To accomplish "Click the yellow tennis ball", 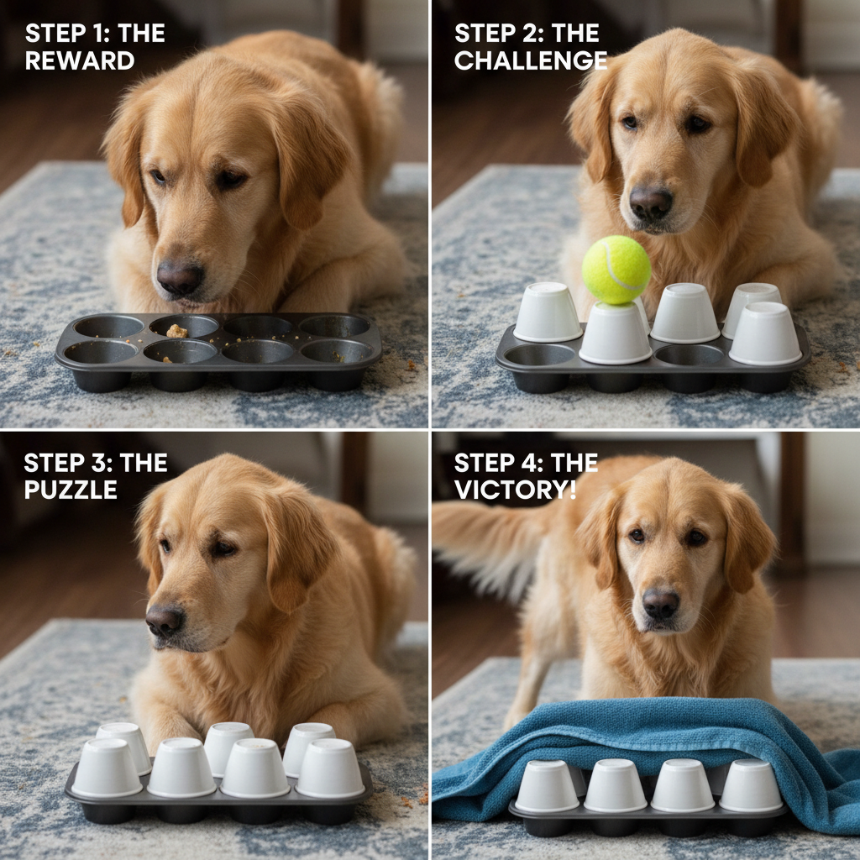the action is click(x=616, y=270).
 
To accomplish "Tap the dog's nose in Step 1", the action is click(x=180, y=277).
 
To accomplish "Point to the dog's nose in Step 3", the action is click(x=164, y=620).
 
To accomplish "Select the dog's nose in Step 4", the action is click(x=660, y=603).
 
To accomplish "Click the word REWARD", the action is click(x=80, y=60).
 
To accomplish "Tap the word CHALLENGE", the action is click(x=531, y=60).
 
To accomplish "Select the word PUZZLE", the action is click(x=71, y=490).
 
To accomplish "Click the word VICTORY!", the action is click(x=515, y=490).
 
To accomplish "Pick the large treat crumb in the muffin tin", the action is click(x=176, y=331).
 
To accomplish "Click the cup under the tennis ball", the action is click(x=616, y=333).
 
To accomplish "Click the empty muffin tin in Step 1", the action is click(x=218, y=351).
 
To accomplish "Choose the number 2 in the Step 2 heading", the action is click(x=527, y=34).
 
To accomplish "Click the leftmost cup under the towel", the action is click(x=547, y=786).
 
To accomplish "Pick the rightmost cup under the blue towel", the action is click(x=751, y=785).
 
